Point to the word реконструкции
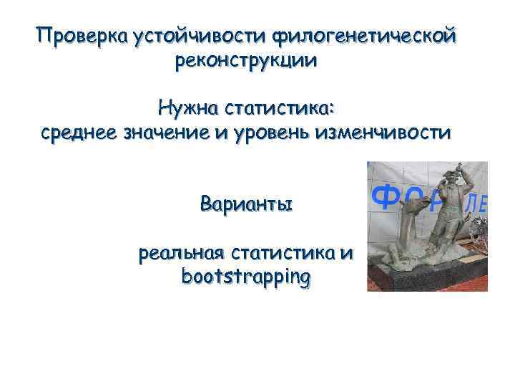click(x=245, y=60)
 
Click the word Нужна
click(x=188, y=109)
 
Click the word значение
click(x=173, y=133)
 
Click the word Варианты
click(x=246, y=204)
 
